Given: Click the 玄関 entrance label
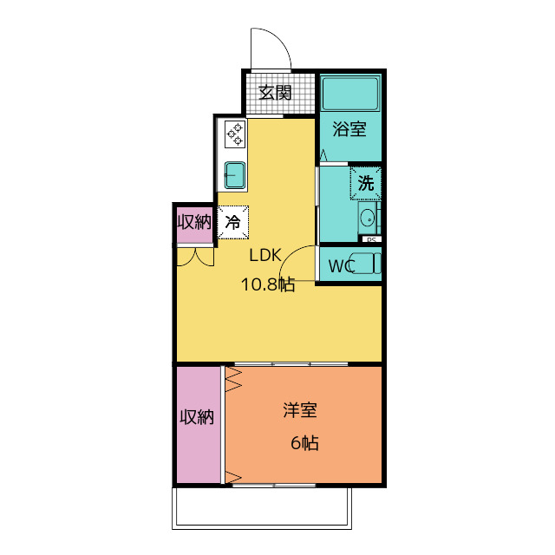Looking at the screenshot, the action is pos(275,93).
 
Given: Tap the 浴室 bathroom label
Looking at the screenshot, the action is pos(349,129).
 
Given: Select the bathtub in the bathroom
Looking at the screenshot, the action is pos(350,94).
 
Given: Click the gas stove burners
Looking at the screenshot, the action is pos(235,134).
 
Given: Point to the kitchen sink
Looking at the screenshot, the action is pos(235,175).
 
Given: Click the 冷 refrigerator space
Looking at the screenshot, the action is pos(232,223).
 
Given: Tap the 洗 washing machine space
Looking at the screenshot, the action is pos(366,183).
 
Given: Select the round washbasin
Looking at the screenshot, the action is pos(368,217).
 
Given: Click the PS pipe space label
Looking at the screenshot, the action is pos(371,239).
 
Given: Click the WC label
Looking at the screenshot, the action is pos(342,266).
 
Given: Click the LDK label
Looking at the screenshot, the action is pos(265,255).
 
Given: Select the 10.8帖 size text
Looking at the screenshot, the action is pos(268,284).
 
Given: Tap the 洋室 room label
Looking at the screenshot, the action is pos(300,410).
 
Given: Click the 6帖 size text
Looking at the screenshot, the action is pos(304,443).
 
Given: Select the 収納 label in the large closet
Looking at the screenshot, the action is pos(197,417).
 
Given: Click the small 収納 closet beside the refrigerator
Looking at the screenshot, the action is pos(194,223).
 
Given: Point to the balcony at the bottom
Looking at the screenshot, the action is pos(262,508).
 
